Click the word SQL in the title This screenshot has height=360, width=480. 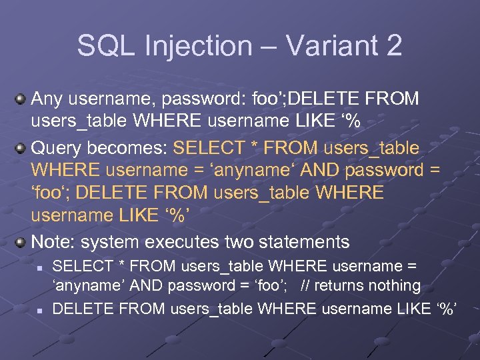[x=102, y=45]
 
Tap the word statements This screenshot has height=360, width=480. [x=309, y=241]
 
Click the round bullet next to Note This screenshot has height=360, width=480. [x=21, y=241]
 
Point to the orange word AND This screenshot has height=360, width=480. [x=320, y=170]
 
